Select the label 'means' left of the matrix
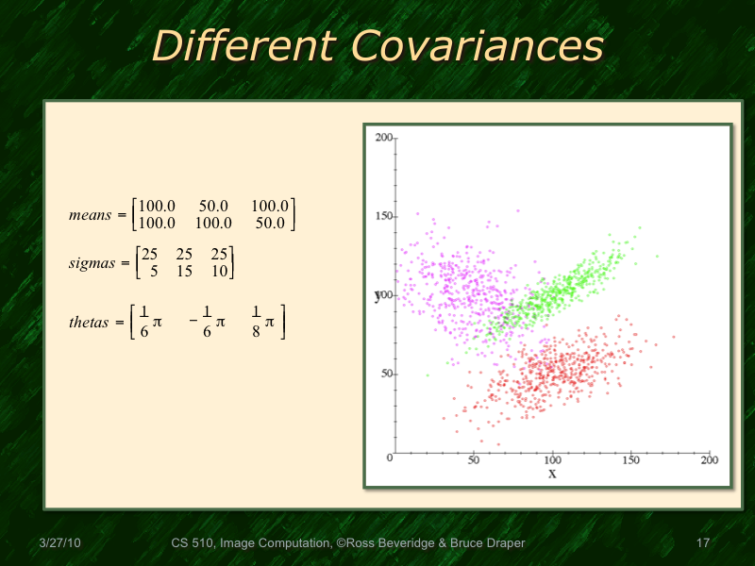pyautogui.click(x=90, y=215)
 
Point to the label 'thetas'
pyautogui.click(x=89, y=323)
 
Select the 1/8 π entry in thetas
pyautogui.click(x=262, y=323)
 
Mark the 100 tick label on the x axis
pyautogui.click(x=552, y=459)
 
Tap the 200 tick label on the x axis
pyautogui.click(x=710, y=459)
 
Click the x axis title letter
pyautogui.click(x=552, y=474)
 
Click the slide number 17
pyautogui.click(x=701, y=543)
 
